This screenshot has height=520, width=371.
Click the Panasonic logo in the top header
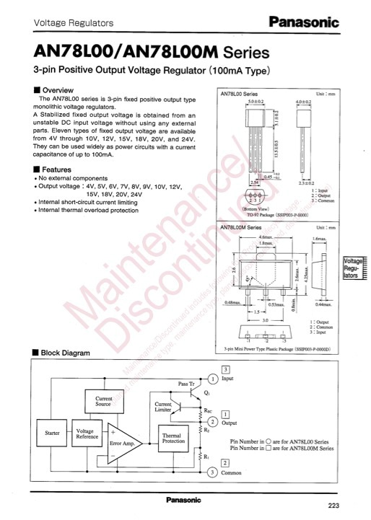(305, 23)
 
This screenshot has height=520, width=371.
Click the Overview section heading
(53, 89)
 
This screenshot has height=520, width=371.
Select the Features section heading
(53, 169)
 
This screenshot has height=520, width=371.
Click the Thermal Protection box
(173, 439)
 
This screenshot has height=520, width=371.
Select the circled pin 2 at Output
(213, 421)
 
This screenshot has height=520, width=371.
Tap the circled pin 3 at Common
(213, 472)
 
